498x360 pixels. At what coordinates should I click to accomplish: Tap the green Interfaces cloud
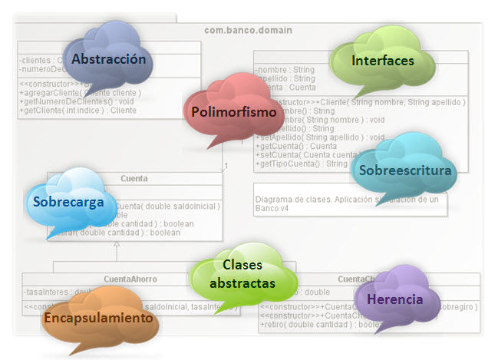click(382, 60)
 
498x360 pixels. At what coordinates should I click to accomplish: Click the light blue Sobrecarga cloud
click(68, 202)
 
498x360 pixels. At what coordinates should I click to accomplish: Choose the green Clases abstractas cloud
click(242, 274)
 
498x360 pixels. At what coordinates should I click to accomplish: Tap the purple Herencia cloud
click(394, 299)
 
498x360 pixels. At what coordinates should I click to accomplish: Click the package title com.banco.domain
click(247, 31)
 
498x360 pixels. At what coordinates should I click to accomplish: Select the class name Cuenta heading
click(134, 179)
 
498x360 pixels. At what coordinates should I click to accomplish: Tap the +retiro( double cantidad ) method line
click(315, 325)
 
